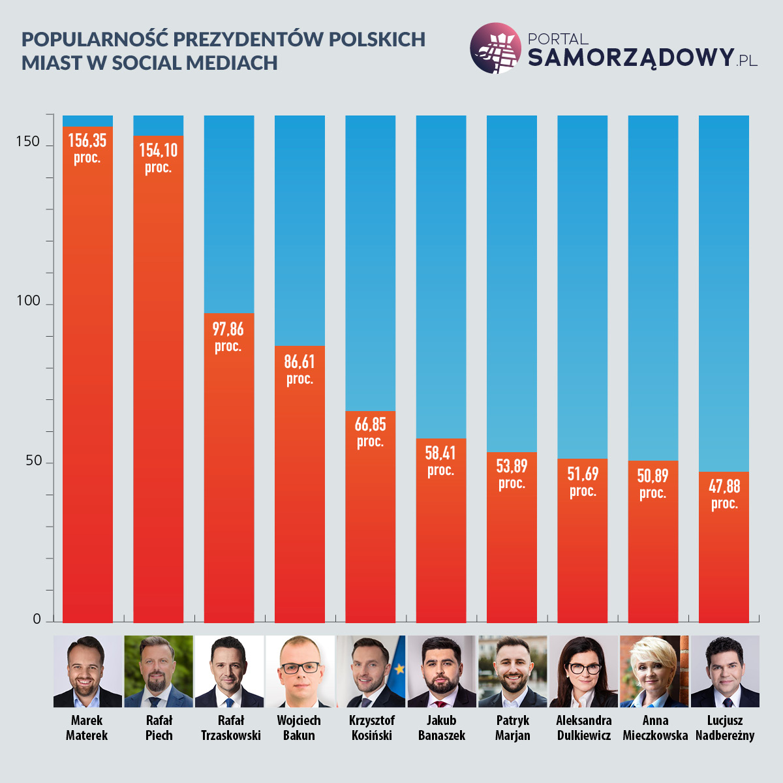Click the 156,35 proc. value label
[87, 148]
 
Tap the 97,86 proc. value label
[228, 337]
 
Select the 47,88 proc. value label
[724, 494]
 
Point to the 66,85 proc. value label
[370, 432]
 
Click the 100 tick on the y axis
[28, 301]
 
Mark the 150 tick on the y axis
[28, 142]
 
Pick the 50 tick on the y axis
[33, 461]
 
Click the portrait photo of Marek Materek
[87, 671]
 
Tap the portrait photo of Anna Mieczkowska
[654, 671]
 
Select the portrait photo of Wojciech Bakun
[299, 671]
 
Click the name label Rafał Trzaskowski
[230, 728]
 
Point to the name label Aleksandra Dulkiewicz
[584, 728]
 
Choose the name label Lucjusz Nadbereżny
[725, 728]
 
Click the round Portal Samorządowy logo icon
[496, 48]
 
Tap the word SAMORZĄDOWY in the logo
[630, 57]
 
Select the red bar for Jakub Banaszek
[441, 542]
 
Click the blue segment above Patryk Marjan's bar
[512, 281]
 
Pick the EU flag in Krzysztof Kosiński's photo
[397, 666]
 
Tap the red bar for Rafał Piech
[159, 391]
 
